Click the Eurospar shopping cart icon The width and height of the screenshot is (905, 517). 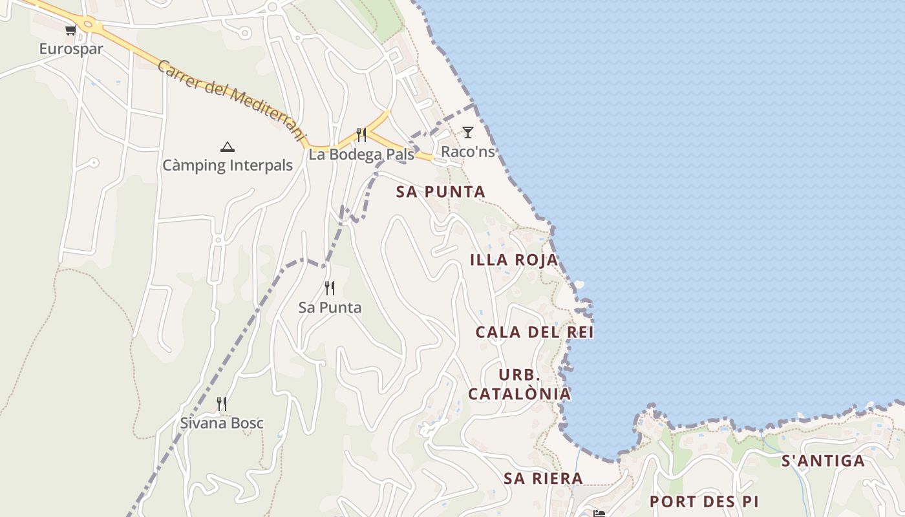coord(70,30)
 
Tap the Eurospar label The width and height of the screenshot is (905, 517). coord(71,49)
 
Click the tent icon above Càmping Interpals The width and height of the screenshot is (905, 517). coord(227,147)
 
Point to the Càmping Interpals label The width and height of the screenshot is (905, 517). coord(228,165)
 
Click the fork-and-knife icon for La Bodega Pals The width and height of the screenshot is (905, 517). coord(361,135)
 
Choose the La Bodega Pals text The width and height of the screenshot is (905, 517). coord(361,154)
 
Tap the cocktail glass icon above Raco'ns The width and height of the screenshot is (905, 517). coord(468,132)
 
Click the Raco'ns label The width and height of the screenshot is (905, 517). coord(468,152)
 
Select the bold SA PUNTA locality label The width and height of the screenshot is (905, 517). coord(440,192)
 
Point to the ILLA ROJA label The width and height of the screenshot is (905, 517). coord(514,260)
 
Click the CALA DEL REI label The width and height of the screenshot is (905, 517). coord(535,333)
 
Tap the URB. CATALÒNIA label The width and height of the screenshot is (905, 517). coord(520,385)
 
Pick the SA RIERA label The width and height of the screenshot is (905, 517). coord(543,479)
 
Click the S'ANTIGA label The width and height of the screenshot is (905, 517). coord(823,461)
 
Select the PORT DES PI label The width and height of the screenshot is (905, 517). coord(704,501)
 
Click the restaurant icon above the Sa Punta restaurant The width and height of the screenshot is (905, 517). coord(330,288)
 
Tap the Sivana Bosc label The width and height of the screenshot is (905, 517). coord(222,424)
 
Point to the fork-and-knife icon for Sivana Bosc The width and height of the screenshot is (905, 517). coord(222,404)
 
